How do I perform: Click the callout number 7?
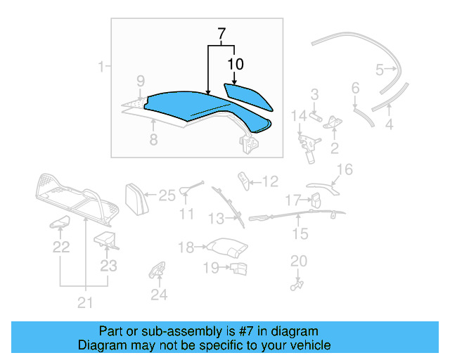pyautogui.click(x=221, y=33)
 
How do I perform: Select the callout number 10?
pyautogui.click(x=236, y=64)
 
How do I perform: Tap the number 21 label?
pyautogui.click(x=85, y=303)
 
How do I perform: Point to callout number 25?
pyautogui.click(x=166, y=196)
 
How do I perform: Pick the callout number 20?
pyautogui.click(x=299, y=261)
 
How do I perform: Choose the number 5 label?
pyautogui.click(x=380, y=69)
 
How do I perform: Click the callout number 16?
pyautogui.click(x=345, y=169)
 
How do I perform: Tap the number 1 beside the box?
pyautogui.click(x=103, y=67)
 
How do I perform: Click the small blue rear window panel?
pyautogui.click(x=249, y=96)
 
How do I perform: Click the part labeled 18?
pyautogui.click(x=227, y=248)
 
